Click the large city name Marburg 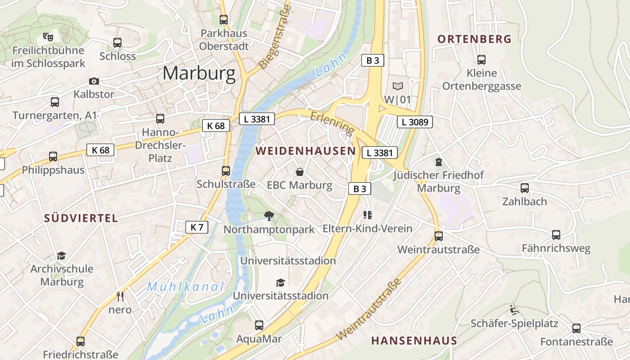199,73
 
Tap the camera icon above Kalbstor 94,81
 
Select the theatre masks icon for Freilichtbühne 48,36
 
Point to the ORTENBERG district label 475,39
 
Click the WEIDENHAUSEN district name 306,151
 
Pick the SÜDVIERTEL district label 81,218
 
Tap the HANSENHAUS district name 414,340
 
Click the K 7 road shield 197,227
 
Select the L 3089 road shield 414,121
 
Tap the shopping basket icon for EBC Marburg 299,172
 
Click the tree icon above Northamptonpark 269,216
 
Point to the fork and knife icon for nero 120,296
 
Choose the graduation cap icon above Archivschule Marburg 62,256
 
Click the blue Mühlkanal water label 185,286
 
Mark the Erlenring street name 332,122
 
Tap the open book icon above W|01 398,86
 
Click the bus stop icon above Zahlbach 525,188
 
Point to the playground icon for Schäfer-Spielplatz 514,310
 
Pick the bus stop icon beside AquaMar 259,325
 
